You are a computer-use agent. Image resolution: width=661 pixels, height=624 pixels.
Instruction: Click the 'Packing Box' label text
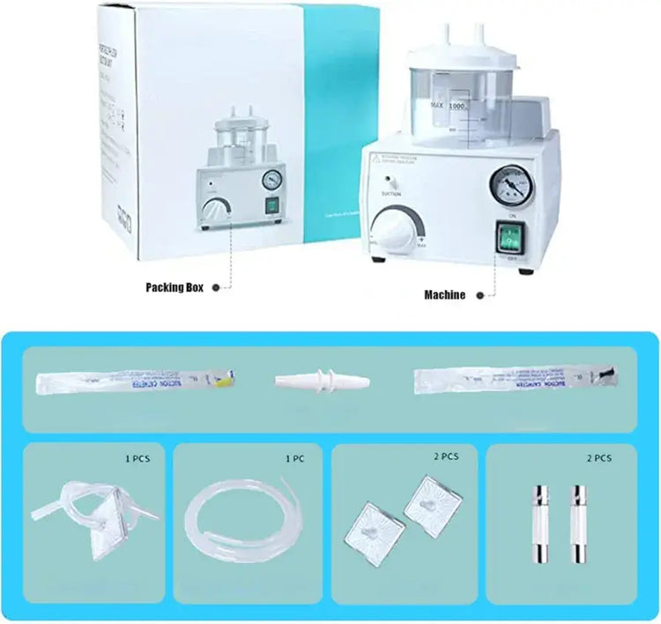click(x=175, y=287)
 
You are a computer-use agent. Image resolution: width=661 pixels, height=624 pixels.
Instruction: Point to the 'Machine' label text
click(x=444, y=295)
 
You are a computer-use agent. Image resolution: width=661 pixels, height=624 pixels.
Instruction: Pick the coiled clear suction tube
click(x=238, y=520)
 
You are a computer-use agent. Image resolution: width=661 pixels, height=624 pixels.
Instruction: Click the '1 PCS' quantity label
click(x=139, y=457)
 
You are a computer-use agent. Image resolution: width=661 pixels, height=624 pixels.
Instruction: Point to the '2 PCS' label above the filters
click(x=446, y=457)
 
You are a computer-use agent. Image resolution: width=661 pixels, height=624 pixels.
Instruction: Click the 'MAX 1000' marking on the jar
click(x=447, y=106)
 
